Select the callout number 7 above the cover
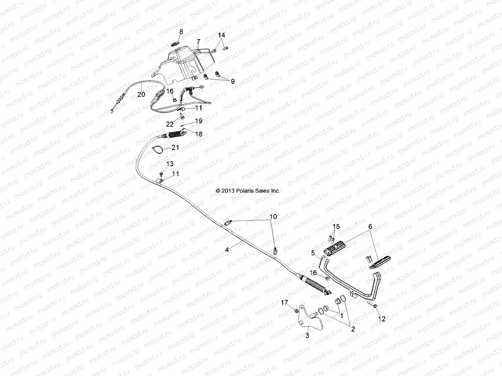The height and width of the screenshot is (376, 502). (198, 41)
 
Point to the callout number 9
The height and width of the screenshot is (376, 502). (232, 81)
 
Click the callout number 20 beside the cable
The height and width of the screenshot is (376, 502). (141, 94)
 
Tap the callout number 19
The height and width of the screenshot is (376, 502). (199, 121)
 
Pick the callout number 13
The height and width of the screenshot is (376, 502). (170, 164)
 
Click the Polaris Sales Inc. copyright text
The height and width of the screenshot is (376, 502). (248, 191)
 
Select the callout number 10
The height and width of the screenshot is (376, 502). (273, 217)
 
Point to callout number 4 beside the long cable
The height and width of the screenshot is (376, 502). (227, 250)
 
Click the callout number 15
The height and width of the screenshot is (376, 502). (336, 226)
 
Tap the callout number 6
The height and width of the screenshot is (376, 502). (370, 226)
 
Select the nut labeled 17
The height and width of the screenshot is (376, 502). (296, 310)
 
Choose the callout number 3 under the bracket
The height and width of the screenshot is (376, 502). (307, 336)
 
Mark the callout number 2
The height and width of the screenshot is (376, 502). (353, 329)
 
